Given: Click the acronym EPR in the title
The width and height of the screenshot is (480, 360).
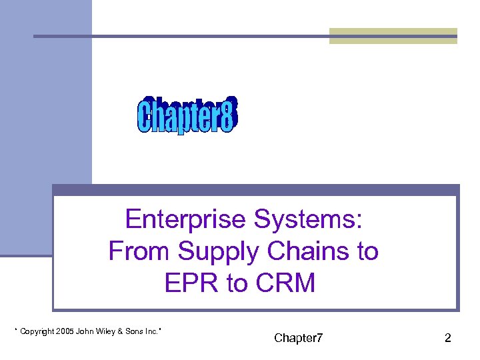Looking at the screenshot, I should (x=191, y=283).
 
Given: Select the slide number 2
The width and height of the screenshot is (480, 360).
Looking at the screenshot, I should (x=448, y=338).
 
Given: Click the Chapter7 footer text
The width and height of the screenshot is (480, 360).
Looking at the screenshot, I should (x=299, y=338).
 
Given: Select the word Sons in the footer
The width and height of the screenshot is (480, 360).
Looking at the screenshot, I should (x=137, y=331).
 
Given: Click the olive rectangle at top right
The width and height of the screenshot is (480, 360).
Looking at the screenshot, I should (x=393, y=36).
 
